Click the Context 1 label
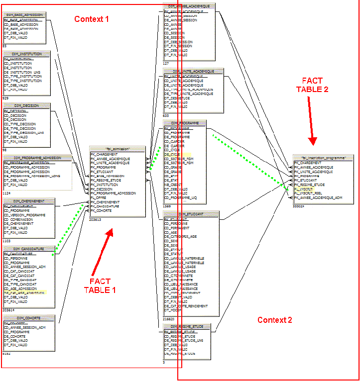[x=92, y=19]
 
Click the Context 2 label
[x=274, y=320]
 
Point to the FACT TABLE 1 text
[x=100, y=286]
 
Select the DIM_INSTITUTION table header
[x=27, y=54]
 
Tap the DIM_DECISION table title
[x=27, y=106]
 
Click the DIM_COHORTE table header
[x=28, y=318]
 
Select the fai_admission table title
[x=118, y=149]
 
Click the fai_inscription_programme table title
[x=324, y=157]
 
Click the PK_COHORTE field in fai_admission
[x=101, y=210]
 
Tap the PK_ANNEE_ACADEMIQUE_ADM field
[x=318, y=197]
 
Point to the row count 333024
[x=299, y=206]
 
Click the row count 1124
[x=7, y=193]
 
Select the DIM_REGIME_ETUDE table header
[x=187, y=326]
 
